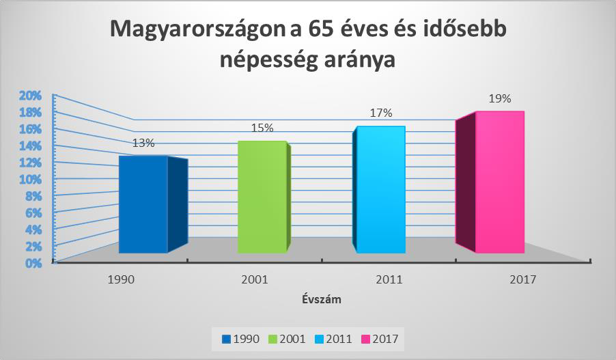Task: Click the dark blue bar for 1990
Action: [143, 205]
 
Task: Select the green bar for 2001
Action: [262, 198]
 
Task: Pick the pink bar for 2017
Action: [499, 182]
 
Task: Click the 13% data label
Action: [143, 143]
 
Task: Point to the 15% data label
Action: [262, 128]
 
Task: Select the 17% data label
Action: [380, 113]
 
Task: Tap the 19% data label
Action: [499, 98]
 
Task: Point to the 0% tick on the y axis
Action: [34, 262]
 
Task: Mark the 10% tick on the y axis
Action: [31, 179]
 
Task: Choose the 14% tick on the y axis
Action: [31, 146]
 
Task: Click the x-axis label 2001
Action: [254, 279]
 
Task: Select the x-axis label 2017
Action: [522, 279]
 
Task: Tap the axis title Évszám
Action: [322, 299]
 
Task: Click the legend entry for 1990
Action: [243, 337]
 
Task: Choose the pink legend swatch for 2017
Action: [365, 337]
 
